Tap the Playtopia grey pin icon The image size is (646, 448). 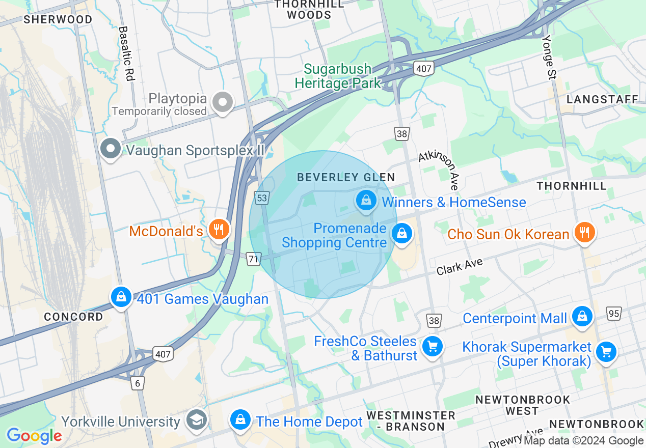click(223, 102)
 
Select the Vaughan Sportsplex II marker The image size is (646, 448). click(111, 149)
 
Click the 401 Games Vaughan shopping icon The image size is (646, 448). click(121, 296)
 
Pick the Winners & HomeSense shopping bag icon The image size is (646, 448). click(366, 200)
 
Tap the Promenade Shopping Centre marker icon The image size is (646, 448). click(402, 234)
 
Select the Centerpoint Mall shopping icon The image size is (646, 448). click(582, 316)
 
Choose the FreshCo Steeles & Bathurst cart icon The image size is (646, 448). click(433, 347)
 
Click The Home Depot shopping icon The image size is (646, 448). click(240, 419)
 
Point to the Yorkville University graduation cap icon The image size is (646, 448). click(196, 420)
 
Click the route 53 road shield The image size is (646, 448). click(262, 198)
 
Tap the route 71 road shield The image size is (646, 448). click(254, 259)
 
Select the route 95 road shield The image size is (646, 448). click(614, 313)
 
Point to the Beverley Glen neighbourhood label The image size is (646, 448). click(346, 177)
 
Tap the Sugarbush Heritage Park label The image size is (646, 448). click(338, 76)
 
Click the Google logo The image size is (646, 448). click(34, 436)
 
